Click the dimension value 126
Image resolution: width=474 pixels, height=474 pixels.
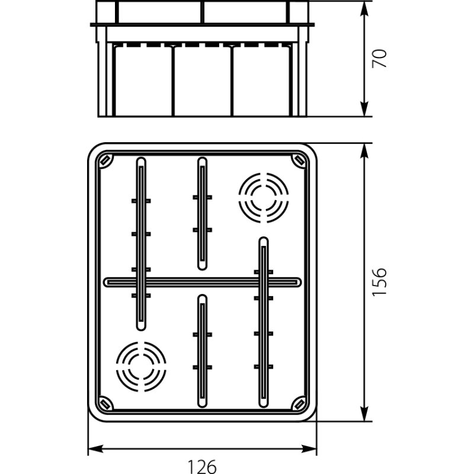202,466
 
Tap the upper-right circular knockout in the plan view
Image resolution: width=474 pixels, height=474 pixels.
263,197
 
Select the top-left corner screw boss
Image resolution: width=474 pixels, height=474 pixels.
105,160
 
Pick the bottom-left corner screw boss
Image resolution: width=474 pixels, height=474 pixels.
105,403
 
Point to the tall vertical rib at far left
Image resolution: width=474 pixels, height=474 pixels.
141,243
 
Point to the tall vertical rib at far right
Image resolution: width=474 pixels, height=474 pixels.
263,323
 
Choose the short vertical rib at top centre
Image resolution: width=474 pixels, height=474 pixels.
202,213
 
